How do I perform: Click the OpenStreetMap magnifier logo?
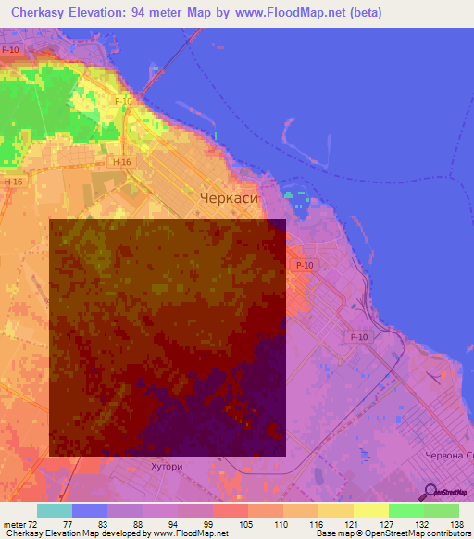428,492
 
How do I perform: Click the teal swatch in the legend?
55,510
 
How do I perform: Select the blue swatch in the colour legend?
90,510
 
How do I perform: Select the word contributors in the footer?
445,533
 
